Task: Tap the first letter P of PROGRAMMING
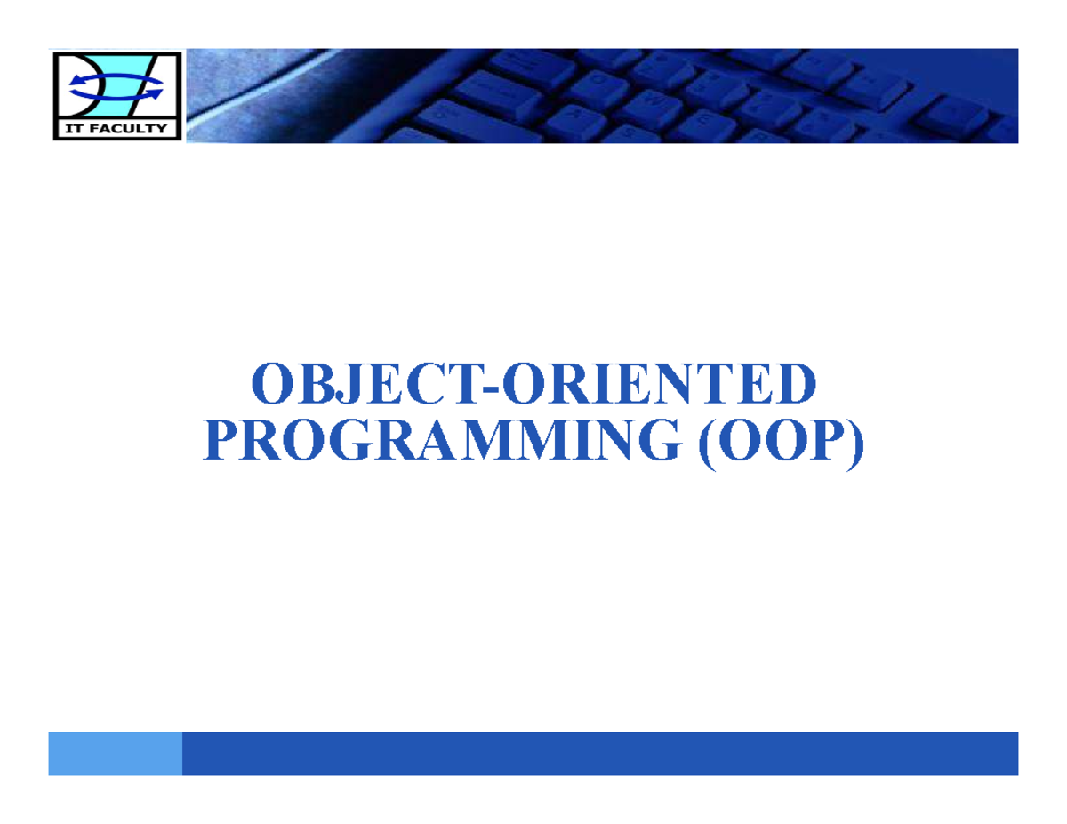click(221, 441)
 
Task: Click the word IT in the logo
click(72, 130)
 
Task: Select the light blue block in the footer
click(115, 753)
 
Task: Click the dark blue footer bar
click(599, 753)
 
